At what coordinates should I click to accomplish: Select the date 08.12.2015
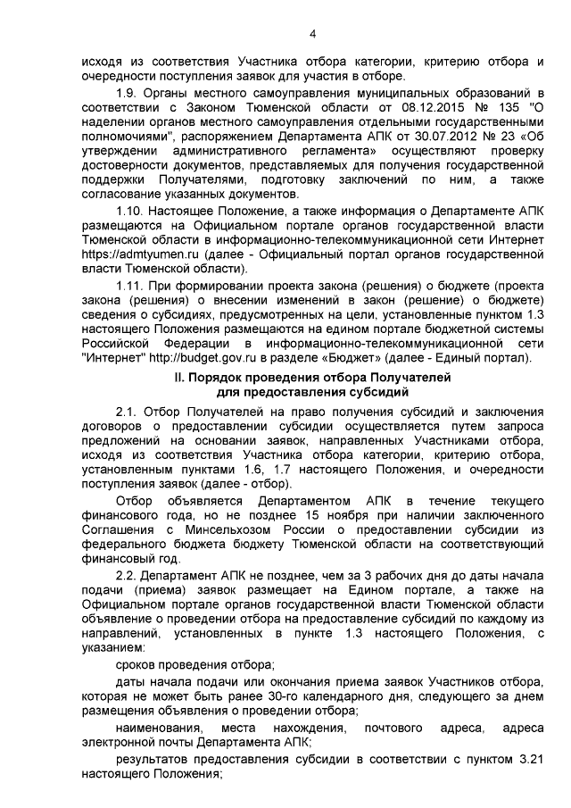tap(402, 108)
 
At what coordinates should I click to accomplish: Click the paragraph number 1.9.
tap(128, 94)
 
